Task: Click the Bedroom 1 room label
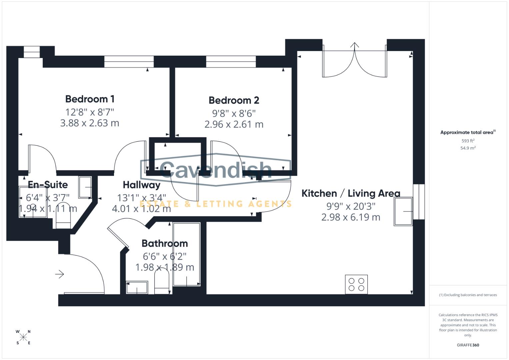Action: (x=90, y=99)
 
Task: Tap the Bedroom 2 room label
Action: (x=234, y=100)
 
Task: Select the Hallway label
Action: (x=142, y=185)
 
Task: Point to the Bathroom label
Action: (x=165, y=243)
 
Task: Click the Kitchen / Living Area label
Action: (x=351, y=193)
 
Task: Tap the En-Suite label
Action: (x=48, y=185)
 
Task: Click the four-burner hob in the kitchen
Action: (x=356, y=285)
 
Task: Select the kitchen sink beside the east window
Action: (x=403, y=211)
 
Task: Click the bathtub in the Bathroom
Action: (x=187, y=254)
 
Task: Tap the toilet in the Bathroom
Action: (x=162, y=281)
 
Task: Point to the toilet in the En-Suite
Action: (x=63, y=215)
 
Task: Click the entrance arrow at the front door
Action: (x=60, y=274)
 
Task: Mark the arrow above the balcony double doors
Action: (x=354, y=45)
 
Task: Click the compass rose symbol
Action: (x=23, y=337)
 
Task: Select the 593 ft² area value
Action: (x=468, y=141)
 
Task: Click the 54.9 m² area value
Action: (x=468, y=148)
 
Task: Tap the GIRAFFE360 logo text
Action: (x=468, y=345)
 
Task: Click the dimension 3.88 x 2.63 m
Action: (x=90, y=123)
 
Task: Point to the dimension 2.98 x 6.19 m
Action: (x=351, y=217)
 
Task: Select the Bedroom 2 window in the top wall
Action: (x=231, y=62)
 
